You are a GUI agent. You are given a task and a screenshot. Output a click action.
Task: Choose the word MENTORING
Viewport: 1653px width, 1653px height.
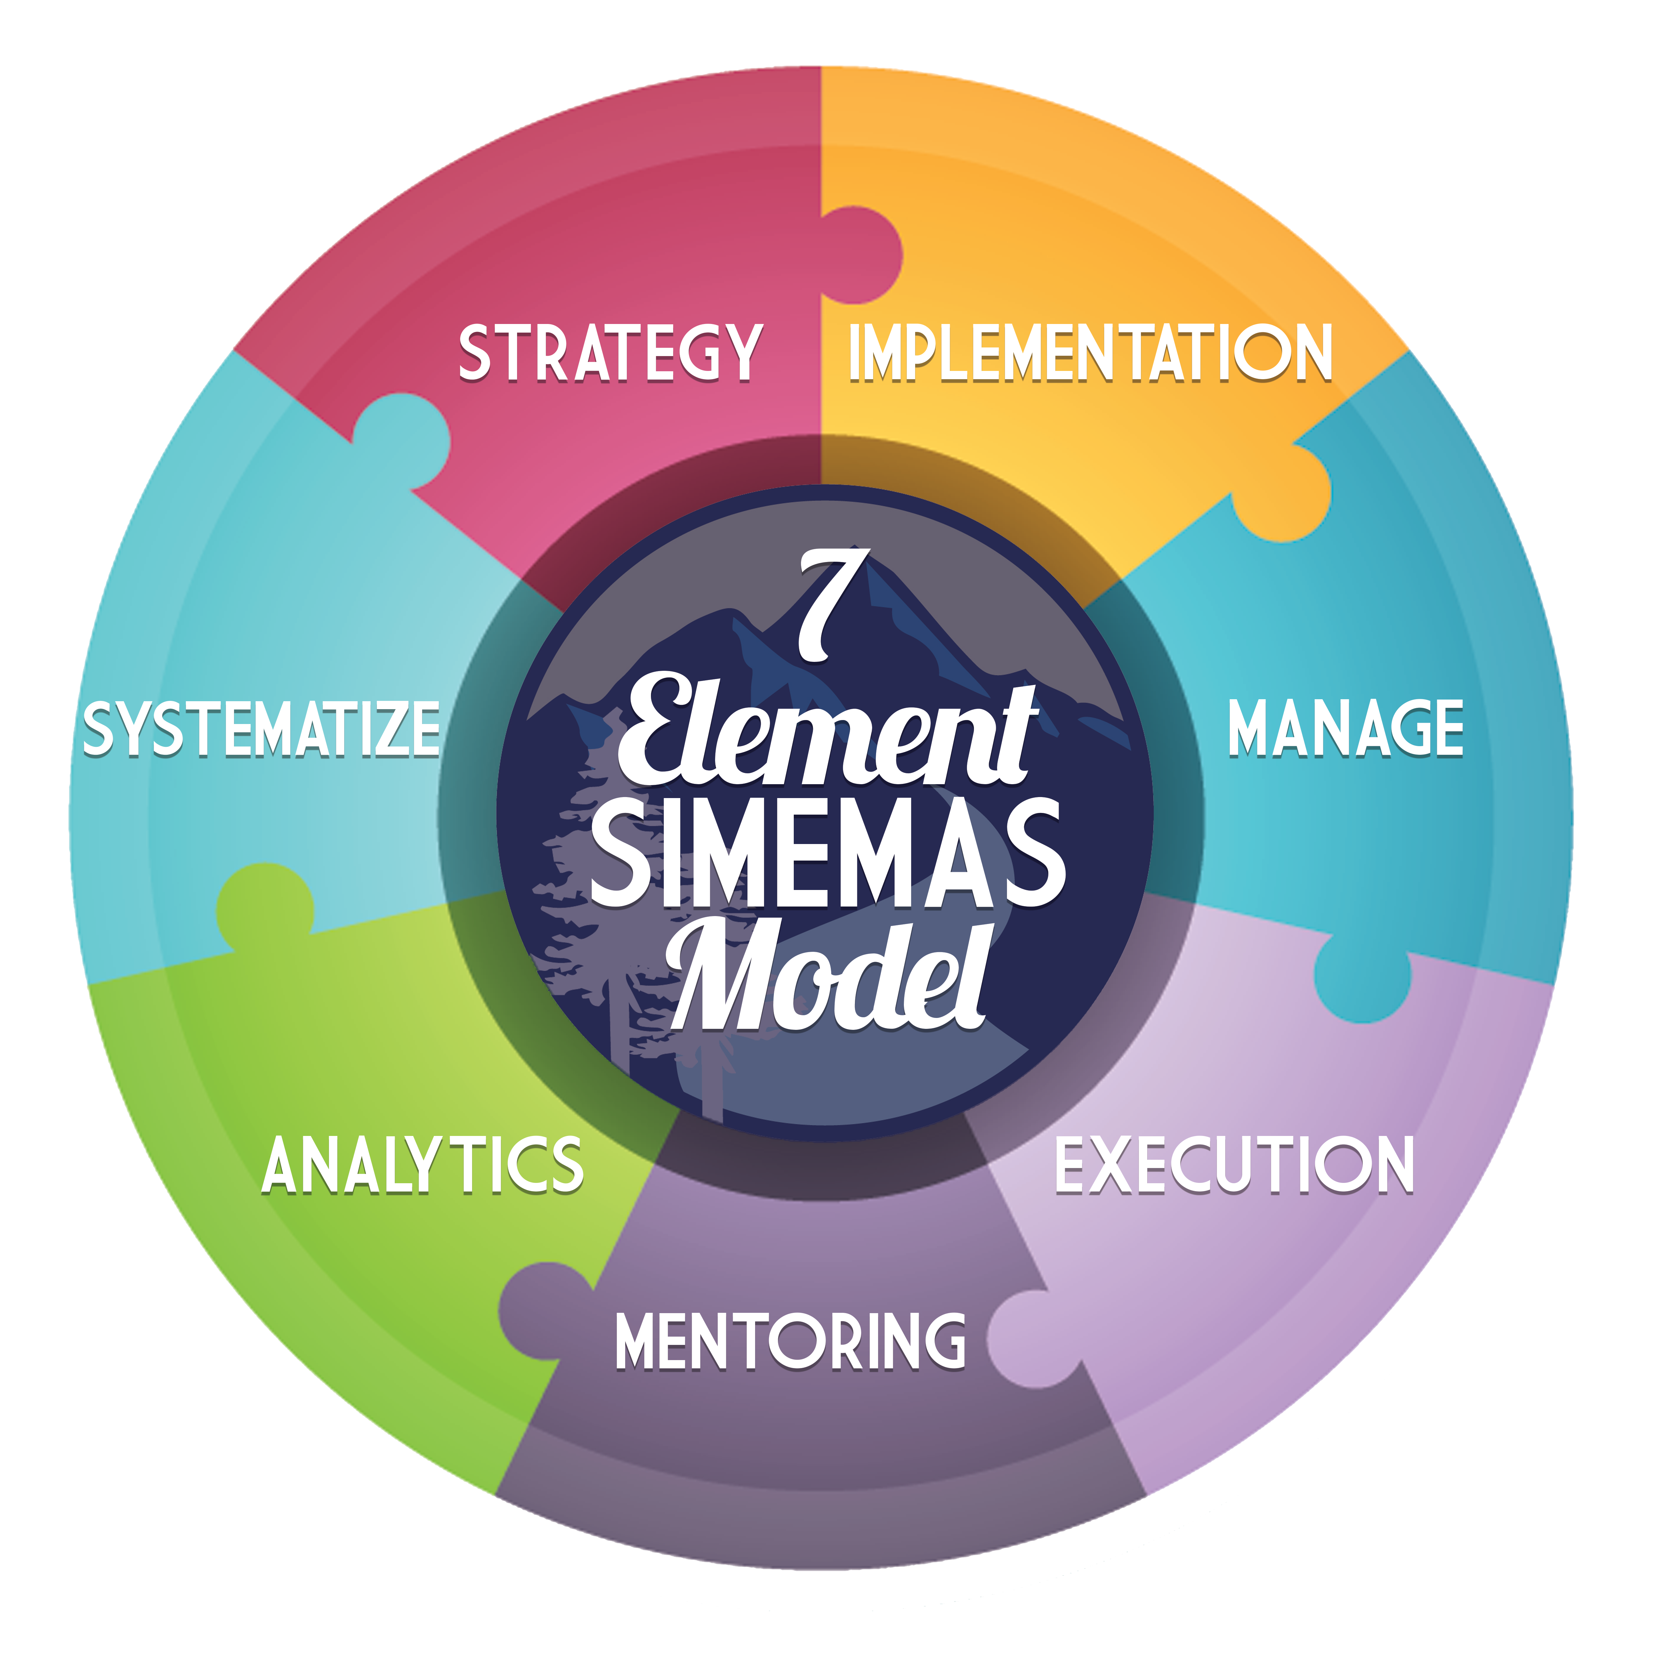tap(790, 1341)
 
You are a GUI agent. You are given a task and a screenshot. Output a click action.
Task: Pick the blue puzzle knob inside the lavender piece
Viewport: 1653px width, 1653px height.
tap(1362, 978)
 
